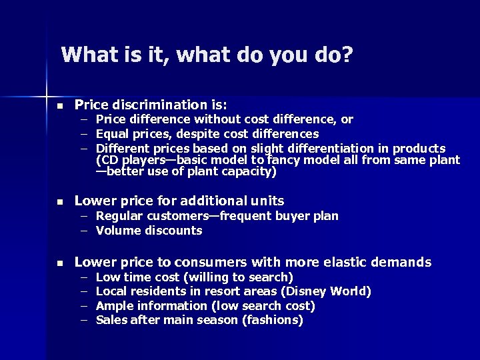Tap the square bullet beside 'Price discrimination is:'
(x=59, y=106)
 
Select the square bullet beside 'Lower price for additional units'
(x=59, y=201)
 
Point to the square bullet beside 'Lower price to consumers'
(x=59, y=263)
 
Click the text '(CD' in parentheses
(x=107, y=160)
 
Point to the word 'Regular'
(x=118, y=216)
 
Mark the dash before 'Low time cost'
(x=85, y=277)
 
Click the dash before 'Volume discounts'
(x=85, y=231)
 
